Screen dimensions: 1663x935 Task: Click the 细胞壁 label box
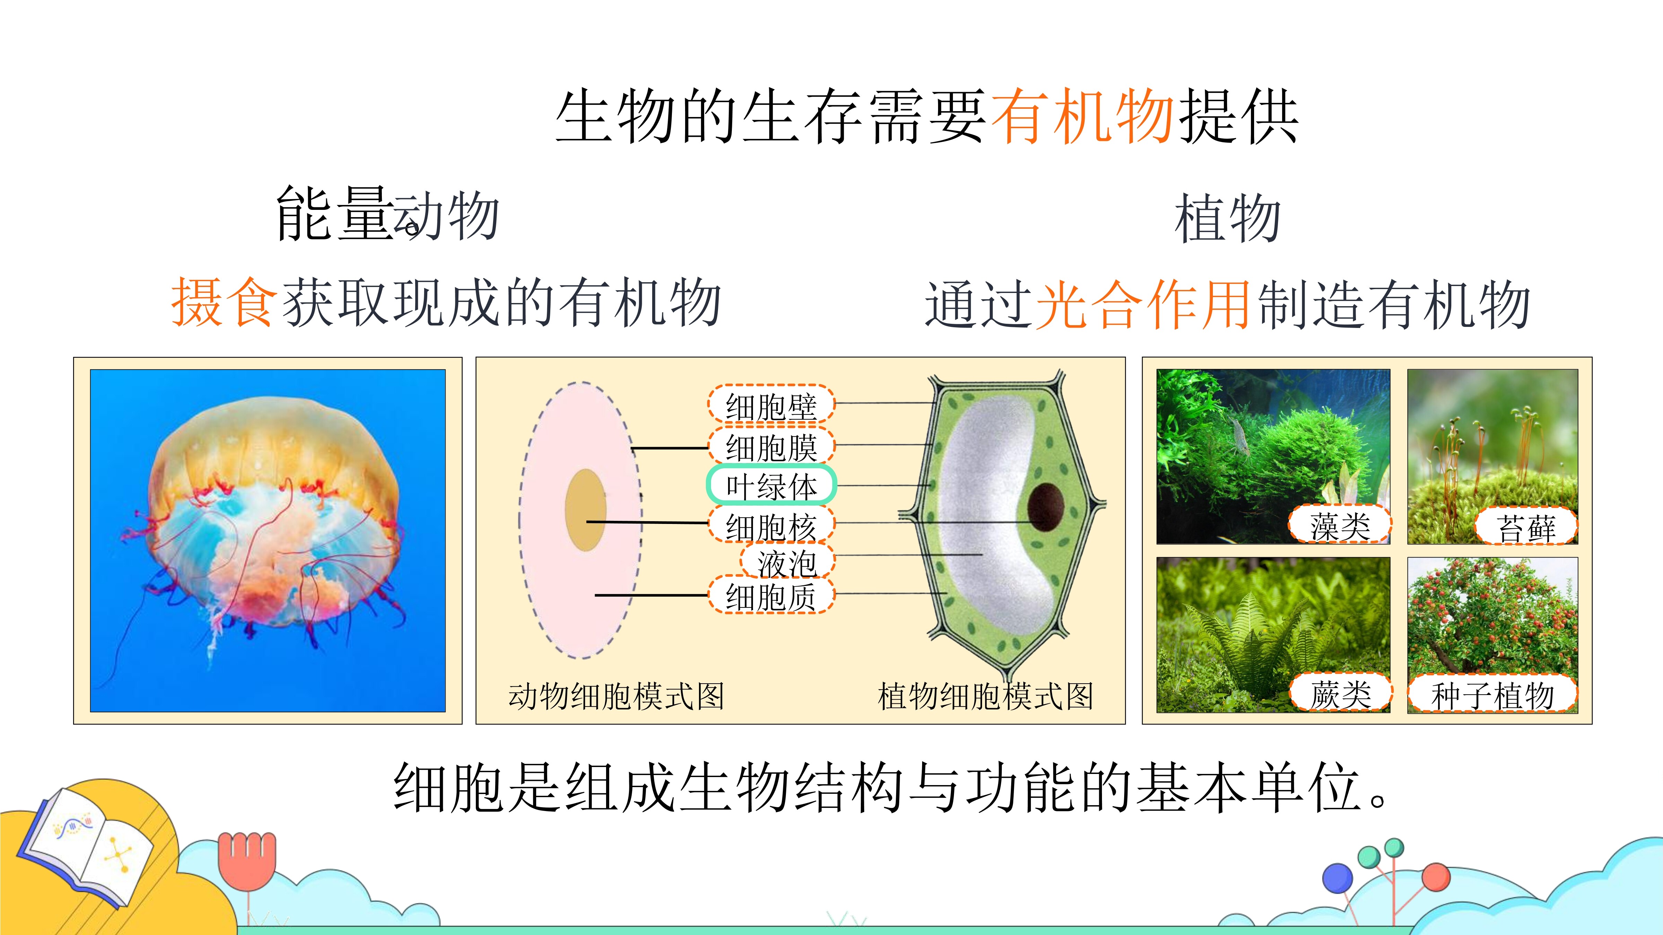click(771, 404)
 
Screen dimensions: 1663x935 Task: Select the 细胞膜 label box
click(771, 445)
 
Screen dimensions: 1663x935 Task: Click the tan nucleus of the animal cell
click(586, 510)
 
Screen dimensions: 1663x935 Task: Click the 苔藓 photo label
click(1526, 526)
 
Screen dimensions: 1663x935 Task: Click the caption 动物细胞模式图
click(616, 696)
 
